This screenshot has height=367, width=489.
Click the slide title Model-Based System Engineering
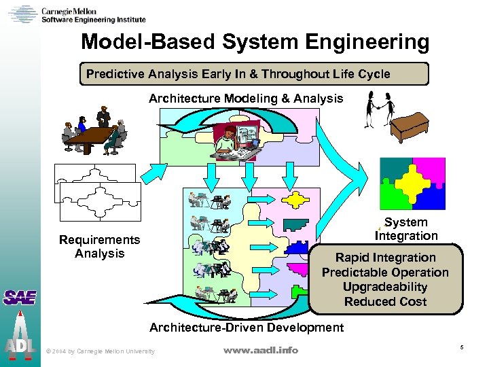pos(255,42)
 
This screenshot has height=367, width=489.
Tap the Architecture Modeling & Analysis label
pos(246,99)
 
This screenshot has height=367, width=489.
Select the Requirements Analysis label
pos(99,247)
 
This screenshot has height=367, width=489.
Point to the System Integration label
pos(406,229)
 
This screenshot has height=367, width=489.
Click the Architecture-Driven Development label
pos(246,328)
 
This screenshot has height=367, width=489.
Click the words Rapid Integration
pos(385,258)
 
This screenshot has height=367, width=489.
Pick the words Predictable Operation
pos(385,273)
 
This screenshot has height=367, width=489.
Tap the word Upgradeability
pos(385,287)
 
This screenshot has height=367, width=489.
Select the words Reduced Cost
pos(385,302)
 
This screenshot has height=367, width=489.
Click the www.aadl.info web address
pos(261,350)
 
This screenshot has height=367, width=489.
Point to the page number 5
pos(461,348)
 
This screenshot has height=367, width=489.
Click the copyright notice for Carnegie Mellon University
pos(99,351)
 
